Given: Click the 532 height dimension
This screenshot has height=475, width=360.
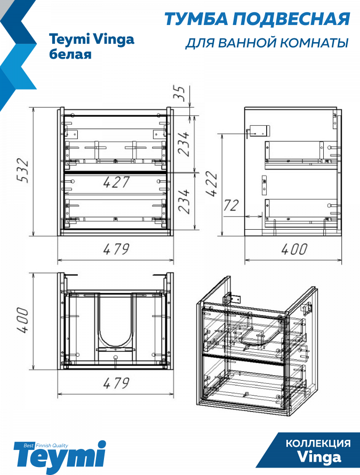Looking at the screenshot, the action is pyautogui.click(x=23, y=170).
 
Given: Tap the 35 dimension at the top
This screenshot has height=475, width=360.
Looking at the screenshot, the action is pyautogui.click(x=179, y=94).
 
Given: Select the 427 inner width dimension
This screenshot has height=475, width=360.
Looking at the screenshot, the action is pyautogui.click(x=116, y=182).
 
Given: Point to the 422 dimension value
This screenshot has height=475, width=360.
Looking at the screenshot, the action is pyautogui.click(x=212, y=184).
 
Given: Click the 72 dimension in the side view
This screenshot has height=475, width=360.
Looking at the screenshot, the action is pyautogui.click(x=231, y=206).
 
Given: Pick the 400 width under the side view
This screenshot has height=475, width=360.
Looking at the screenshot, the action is pyautogui.click(x=294, y=249).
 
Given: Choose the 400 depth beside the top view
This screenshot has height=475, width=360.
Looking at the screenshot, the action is pyautogui.click(x=23, y=320).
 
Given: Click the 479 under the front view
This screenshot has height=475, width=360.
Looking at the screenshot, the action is pyautogui.click(x=117, y=249).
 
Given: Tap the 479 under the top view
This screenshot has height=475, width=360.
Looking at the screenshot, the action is pyautogui.click(x=117, y=383).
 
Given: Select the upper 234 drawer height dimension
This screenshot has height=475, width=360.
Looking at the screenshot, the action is pyautogui.click(x=183, y=143).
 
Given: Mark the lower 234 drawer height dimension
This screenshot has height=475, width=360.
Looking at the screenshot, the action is pyautogui.click(x=183, y=202).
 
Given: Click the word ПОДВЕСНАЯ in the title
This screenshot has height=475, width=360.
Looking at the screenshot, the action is pyautogui.click(x=291, y=19).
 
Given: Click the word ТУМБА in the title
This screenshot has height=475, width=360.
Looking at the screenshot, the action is pyautogui.click(x=196, y=19).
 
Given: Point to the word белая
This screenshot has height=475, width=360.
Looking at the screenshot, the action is pyautogui.click(x=70, y=54).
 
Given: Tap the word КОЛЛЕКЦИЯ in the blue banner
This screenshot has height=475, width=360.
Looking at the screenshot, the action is pyautogui.click(x=318, y=444).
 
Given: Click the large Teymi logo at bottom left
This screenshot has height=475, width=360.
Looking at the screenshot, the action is pyautogui.click(x=60, y=458).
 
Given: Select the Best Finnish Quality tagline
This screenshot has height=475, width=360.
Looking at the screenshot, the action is pyautogui.click(x=46, y=446).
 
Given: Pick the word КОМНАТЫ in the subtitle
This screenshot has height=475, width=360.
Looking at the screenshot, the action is pyautogui.click(x=314, y=43).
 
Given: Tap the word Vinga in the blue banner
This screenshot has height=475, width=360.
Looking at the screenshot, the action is pyautogui.click(x=319, y=457).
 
